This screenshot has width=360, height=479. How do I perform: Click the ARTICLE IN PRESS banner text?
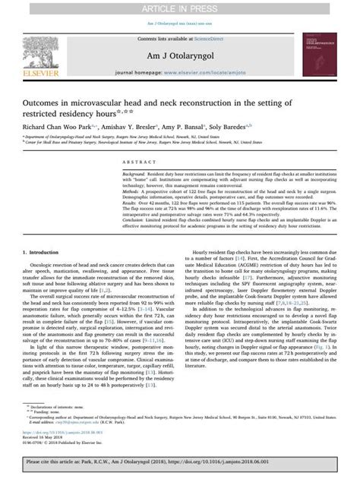coord(180,8)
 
